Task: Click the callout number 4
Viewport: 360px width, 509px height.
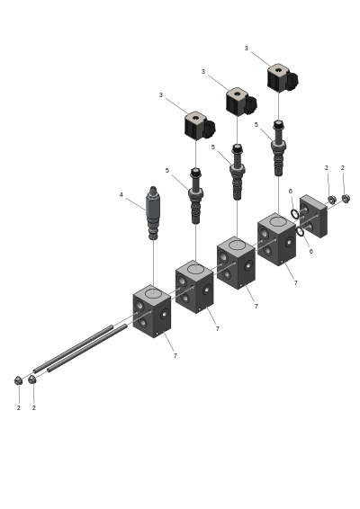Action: [121, 195]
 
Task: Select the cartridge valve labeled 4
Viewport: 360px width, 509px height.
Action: [153, 213]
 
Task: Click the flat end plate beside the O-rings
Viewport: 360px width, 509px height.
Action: [313, 216]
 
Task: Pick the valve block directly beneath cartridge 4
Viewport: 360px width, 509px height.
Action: [152, 311]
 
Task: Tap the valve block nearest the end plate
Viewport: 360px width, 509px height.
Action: [276, 239]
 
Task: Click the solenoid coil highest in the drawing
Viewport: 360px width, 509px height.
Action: [283, 77]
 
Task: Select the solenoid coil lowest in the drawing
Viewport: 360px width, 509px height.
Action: [200, 125]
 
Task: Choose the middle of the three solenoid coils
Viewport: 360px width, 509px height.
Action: [241, 102]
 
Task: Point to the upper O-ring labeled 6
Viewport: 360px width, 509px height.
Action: [295, 214]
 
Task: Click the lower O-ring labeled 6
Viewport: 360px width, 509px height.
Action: [301, 232]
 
